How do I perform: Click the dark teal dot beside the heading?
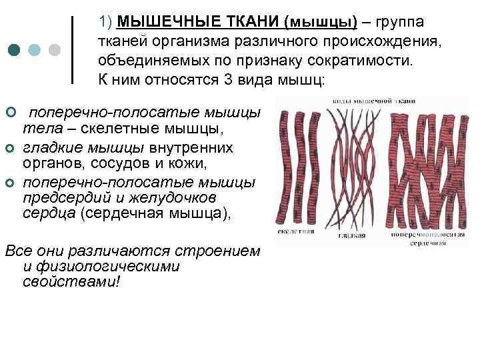[x=15, y=51]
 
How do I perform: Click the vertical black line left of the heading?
[x=72, y=51]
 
